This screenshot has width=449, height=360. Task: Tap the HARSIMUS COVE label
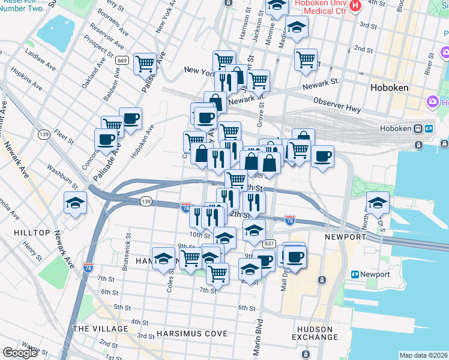[x=191, y=334]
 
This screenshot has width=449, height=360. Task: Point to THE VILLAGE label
[x=100, y=329]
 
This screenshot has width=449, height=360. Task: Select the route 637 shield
[x=268, y=244]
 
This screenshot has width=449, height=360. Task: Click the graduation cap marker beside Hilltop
[x=76, y=202]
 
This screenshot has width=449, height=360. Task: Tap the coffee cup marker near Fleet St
[x=106, y=140]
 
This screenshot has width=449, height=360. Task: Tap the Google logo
[x=20, y=353]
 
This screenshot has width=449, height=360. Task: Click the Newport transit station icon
[x=355, y=275]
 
